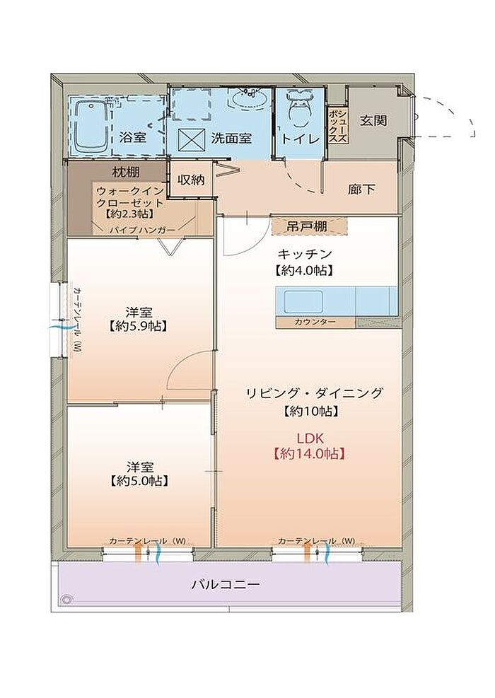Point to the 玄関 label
[373, 121]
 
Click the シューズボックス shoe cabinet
[337, 126]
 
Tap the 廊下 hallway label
[361, 190]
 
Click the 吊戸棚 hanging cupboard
[310, 226]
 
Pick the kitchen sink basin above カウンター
[303, 302]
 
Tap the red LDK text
[310, 438]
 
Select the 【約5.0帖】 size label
[139, 481]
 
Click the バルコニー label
[226, 584]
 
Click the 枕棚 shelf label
[125, 171]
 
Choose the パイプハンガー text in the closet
[142, 230]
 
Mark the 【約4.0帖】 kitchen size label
[305, 270]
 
